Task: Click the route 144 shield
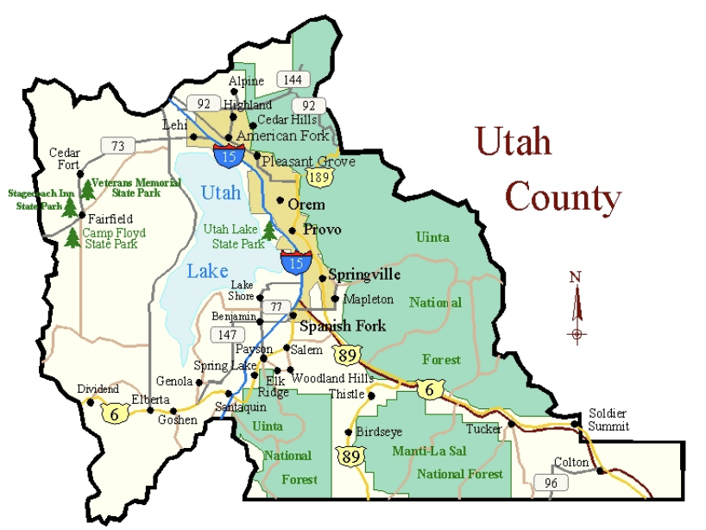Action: tap(293, 79)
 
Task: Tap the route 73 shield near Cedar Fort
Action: tap(113, 145)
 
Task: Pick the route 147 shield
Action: tap(226, 334)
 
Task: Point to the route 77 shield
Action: tap(276, 306)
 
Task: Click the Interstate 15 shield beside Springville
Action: tap(295, 261)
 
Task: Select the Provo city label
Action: tap(321, 230)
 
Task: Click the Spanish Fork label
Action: tap(343, 326)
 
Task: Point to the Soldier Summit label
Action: tap(608, 420)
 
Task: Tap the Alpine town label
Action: tap(246, 81)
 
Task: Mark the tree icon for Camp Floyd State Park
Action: tap(72, 237)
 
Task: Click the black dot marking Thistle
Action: tap(371, 396)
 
